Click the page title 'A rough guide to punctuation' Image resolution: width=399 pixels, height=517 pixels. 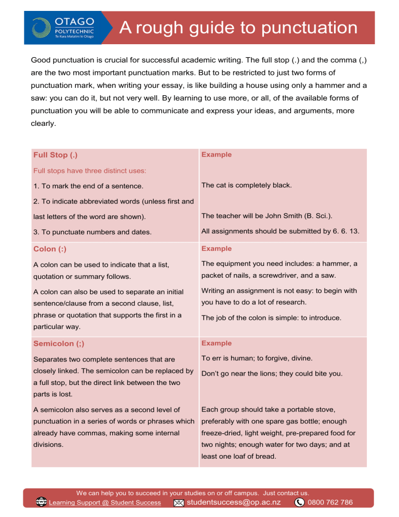pyautogui.click(x=238, y=28)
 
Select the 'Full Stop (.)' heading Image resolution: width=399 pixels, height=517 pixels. pyautogui.click(x=56, y=155)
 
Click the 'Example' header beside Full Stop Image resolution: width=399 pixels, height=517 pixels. pyautogui.click(x=216, y=154)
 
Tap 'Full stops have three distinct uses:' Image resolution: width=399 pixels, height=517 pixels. pyautogui.click(x=89, y=170)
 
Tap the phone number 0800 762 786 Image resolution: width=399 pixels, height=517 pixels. pyautogui.click(x=330, y=502)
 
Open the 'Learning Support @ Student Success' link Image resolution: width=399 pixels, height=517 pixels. pyautogui.click(x=104, y=503)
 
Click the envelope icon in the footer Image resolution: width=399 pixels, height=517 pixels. pyautogui.click(x=178, y=503)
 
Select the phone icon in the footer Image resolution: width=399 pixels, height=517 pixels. pyautogui.click(x=300, y=502)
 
